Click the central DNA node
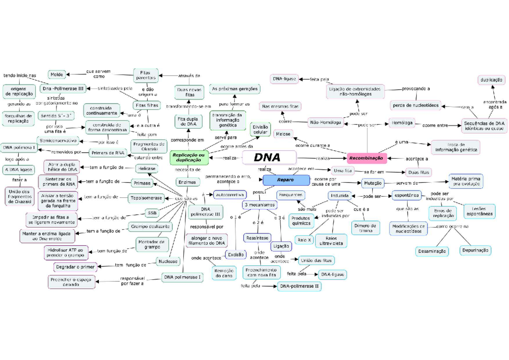(x=269, y=157)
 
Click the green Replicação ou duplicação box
(x=190, y=158)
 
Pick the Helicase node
(x=146, y=169)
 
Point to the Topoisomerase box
(x=146, y=198)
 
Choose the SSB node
(x=152, y=212)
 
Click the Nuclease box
(x=168, y=261)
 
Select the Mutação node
(x=373, y=183)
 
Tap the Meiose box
(x=283, y=134)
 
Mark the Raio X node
(x=304, y=240)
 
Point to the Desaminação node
(x=432, y=251)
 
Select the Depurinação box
(x=475, y=250)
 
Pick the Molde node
(x=57, y=75)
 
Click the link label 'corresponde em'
(x=187, y=140)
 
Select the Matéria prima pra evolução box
(x=465, y=181)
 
